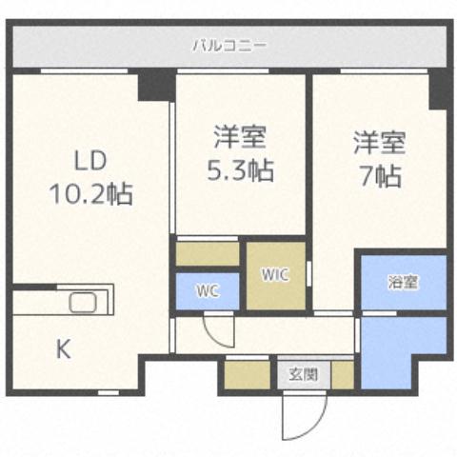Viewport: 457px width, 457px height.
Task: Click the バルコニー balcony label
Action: pos(229,45)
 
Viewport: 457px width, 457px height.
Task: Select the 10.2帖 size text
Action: pos(90,194)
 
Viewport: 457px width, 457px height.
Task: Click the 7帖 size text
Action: pos(380,176)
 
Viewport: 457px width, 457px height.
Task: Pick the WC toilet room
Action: pos(208,291)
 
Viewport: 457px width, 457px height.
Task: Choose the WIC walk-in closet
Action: pos(276,275)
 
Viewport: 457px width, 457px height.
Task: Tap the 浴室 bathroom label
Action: pos(403,282)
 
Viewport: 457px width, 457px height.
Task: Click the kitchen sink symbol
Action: pos(84,305)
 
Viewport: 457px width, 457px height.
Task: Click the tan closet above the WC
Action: pos(208,254)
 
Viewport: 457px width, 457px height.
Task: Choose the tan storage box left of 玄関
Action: pos(249,374)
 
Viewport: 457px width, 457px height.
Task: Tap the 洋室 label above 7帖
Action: pos(380,143)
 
